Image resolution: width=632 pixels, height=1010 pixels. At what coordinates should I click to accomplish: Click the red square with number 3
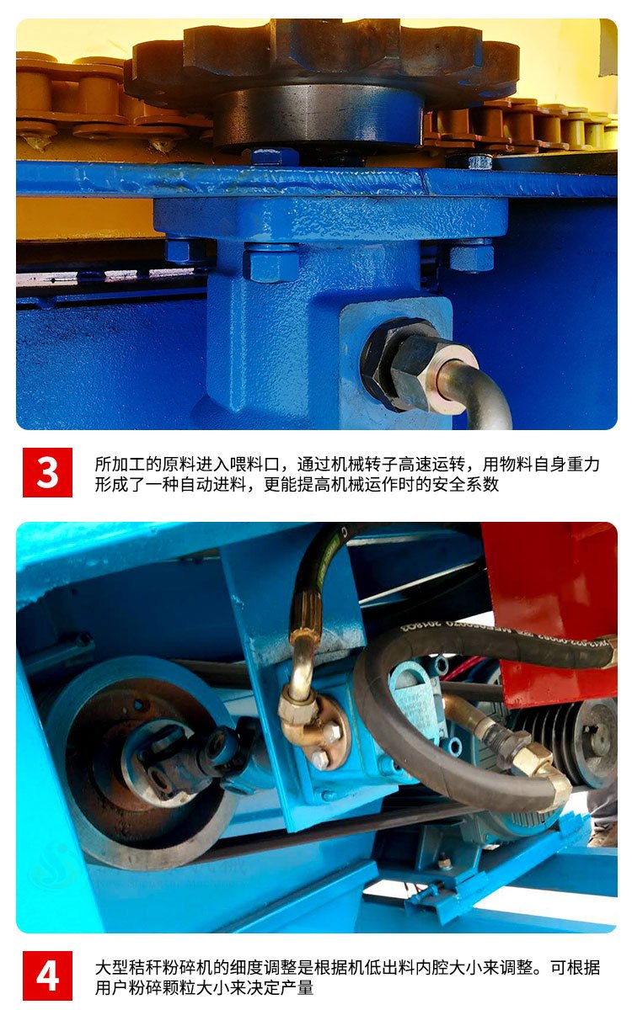(x=47, y=472)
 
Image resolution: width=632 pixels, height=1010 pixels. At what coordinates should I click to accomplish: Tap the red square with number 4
(x=47, y=975)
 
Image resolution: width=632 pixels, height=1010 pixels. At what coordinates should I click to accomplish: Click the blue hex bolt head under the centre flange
(x=270, y=263)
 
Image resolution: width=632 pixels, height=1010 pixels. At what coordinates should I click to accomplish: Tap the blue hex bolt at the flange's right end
(x=472, y=256)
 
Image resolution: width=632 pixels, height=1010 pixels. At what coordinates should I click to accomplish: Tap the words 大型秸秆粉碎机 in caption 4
(x=153, y=967)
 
